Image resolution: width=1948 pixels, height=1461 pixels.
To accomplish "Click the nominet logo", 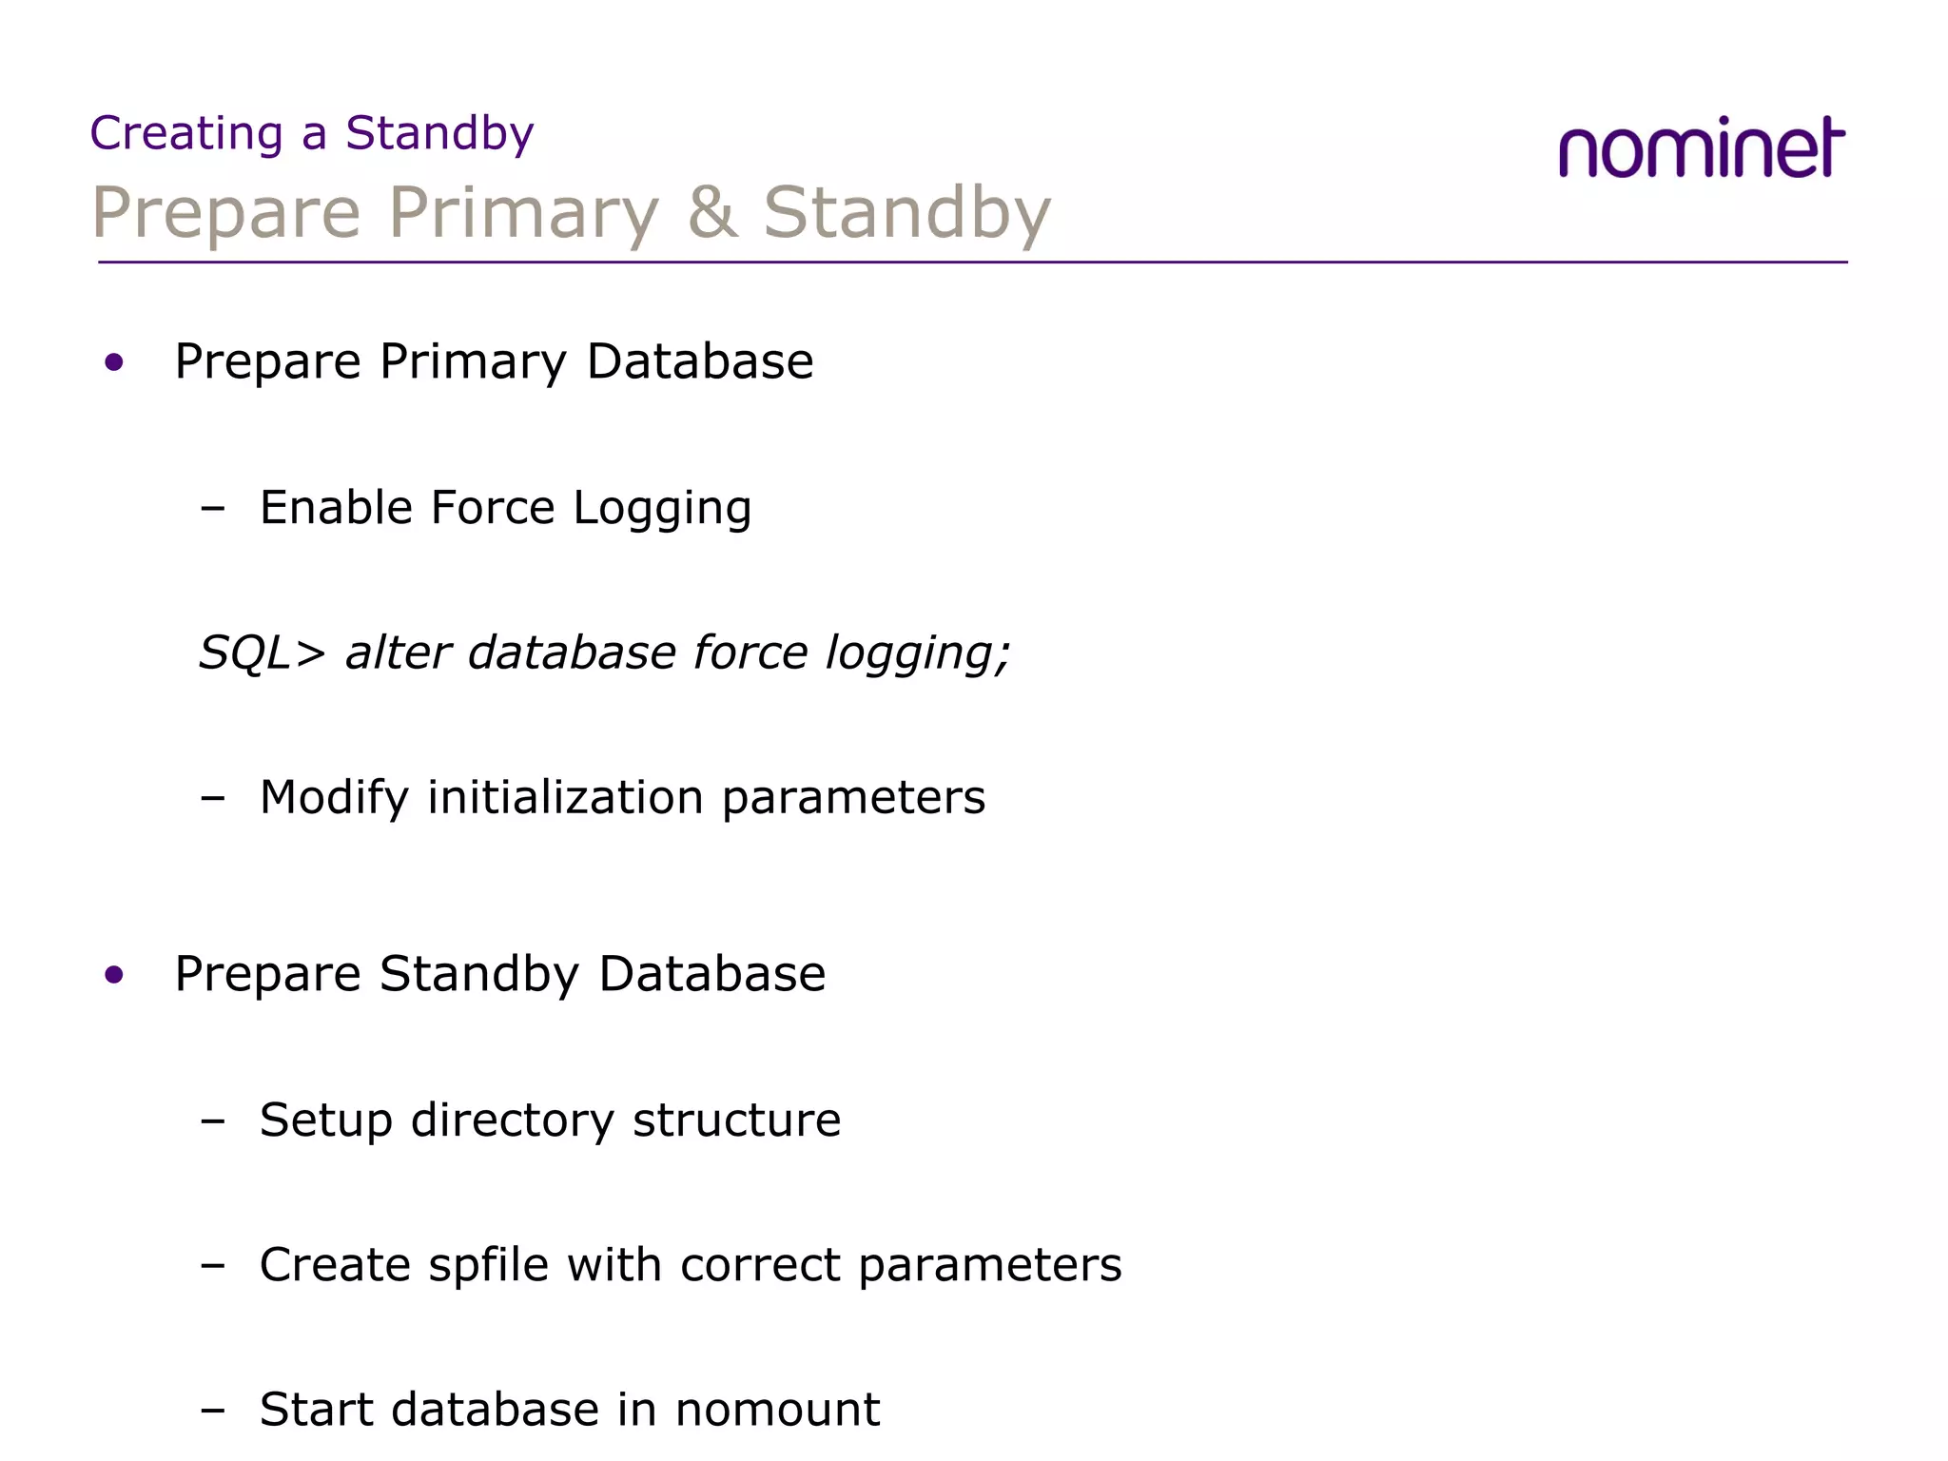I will coord(1701,148).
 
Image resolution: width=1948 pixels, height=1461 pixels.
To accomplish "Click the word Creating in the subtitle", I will coord(186,133).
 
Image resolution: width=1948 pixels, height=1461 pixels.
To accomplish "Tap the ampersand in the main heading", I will coord(712,211).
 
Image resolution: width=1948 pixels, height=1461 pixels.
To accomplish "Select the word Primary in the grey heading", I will coord(523,213).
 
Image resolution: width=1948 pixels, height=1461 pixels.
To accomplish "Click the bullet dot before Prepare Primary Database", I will coord(115,362).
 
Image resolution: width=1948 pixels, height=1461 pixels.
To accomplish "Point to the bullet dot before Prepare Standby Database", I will coord(115,975).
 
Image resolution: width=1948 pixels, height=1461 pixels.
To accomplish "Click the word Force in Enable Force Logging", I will coord(492,507).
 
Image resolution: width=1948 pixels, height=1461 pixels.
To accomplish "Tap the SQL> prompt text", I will coord(262,653).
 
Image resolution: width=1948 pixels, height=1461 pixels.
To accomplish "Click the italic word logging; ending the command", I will coord(917,654).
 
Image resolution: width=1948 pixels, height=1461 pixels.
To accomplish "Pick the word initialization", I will coord(565,797).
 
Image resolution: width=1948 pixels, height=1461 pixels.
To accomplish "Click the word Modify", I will coord(334,798).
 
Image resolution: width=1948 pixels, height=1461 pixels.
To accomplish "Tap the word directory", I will coord(513,1120).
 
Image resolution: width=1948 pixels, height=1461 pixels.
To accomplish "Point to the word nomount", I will coord(777,1410).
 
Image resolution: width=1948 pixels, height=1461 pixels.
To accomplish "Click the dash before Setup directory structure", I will coord(213,1121).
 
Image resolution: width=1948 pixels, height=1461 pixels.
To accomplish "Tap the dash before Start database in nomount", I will coord(213,1411).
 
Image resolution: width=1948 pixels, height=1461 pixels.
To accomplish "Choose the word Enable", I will coord(336,507).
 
